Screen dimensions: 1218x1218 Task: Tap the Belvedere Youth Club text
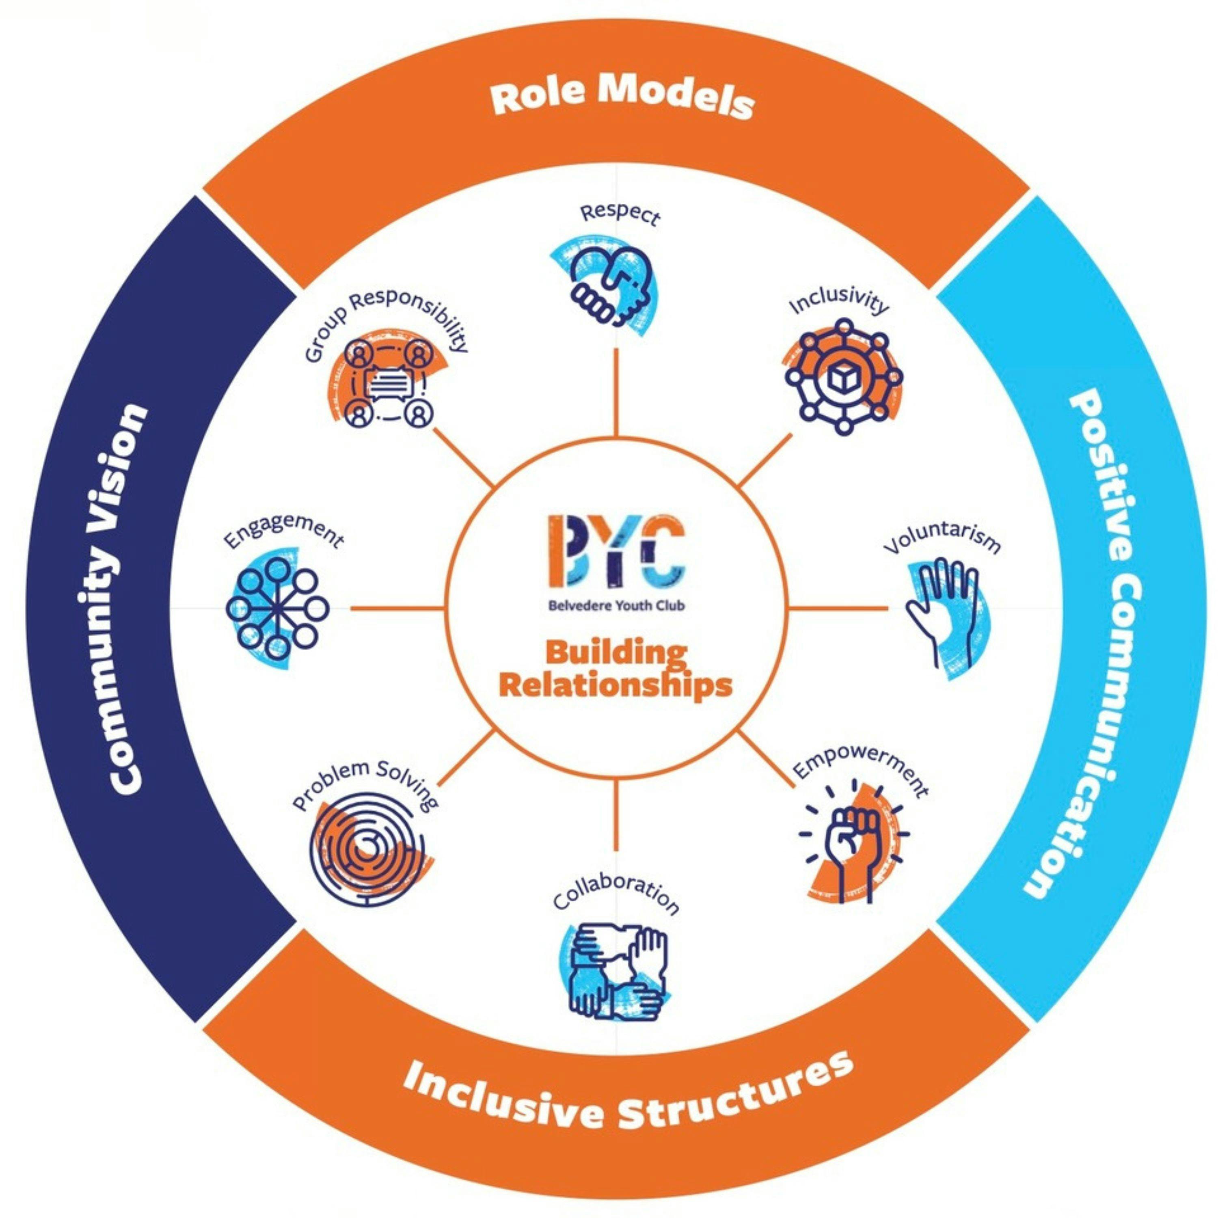point(616,606)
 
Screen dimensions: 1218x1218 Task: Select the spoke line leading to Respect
point(615,391)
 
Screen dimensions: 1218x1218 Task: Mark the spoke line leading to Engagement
point(397,608)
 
